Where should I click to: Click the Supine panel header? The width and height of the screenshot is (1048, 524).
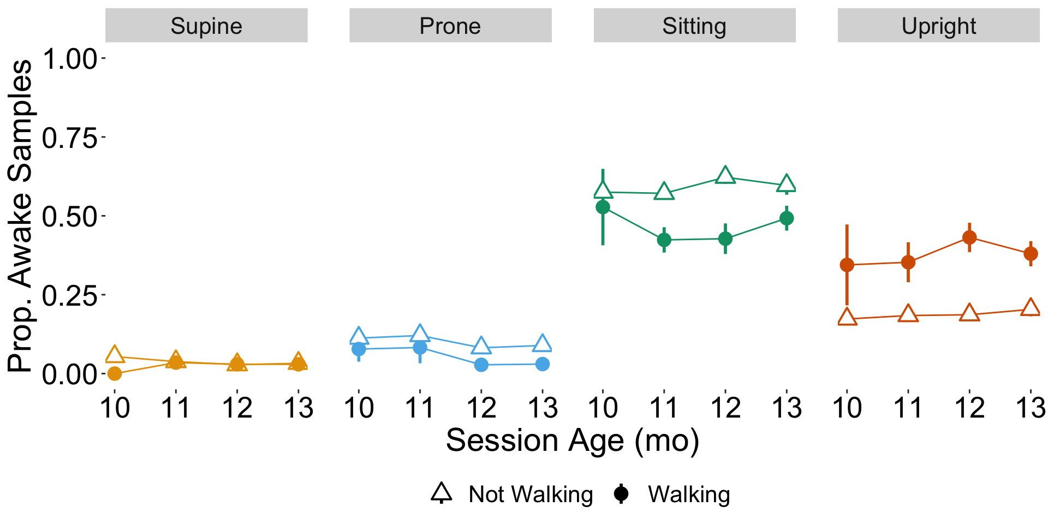coord(206,26)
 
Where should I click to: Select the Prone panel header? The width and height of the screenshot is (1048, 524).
coord(450,26)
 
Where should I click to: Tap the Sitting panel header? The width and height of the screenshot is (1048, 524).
coord(694,26)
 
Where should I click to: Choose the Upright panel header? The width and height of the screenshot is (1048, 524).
coord(938,26)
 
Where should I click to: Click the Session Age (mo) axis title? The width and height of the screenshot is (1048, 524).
coord(572,440)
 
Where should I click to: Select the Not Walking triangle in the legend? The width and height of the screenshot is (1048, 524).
coord(442,493)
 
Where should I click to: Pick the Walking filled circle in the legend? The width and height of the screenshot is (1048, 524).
coord(621,493)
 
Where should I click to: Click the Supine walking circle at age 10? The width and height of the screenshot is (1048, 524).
coord(115,373)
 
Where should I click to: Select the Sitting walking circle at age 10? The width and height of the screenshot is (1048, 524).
coord(603,207)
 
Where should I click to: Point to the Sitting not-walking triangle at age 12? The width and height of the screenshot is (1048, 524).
coord(725,175)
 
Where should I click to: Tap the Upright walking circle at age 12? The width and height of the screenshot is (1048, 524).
coord(969,237)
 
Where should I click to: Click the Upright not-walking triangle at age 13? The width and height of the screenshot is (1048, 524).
coord(1031,308)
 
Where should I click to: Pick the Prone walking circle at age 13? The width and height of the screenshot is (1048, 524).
coord(542,364)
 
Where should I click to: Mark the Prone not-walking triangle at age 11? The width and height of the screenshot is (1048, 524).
coord(420,333)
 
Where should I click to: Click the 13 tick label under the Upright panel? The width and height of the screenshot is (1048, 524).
coord(1031,408)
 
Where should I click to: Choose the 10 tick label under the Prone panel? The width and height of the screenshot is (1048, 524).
coord(359,408)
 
